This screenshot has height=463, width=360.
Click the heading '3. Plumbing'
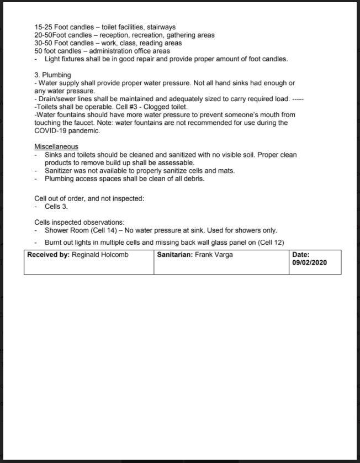coord(52,75)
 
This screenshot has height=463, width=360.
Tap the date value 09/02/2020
coord(309,263)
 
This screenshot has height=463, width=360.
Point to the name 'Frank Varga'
coord(214,255)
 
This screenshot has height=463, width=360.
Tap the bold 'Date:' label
coord(301,255)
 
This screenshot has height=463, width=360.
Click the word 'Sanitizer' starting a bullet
coord(60,171)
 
